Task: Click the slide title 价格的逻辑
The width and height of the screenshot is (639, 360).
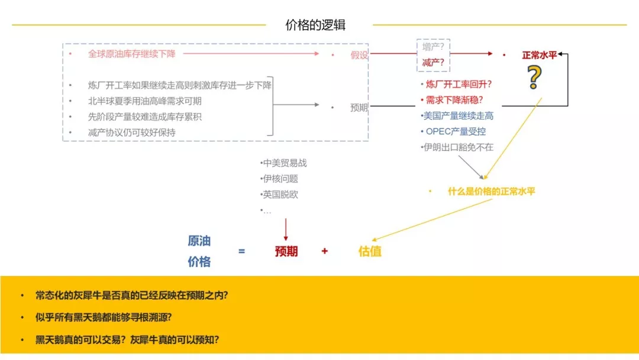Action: [x=315, y=25]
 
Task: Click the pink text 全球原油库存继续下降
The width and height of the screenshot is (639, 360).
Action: [x=131, y=54]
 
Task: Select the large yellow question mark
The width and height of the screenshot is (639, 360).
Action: [x=534, y=78]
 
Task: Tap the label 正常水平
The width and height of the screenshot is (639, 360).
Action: [x=539, y=55]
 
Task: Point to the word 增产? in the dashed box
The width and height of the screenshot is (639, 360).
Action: [x=433, y=47]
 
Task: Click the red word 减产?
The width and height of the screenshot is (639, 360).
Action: [x=433, y=62]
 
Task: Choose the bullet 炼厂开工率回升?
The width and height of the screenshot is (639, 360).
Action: [x=458, y=85]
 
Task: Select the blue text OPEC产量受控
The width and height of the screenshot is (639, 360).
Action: [x=456, y=131]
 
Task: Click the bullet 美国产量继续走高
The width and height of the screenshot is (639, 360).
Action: [x=458, y=116]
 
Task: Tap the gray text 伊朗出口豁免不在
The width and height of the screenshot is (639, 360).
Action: [x=458, y=147]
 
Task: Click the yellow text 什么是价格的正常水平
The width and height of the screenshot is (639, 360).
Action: [x=491, y=191]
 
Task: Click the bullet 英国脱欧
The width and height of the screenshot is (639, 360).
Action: [x=280, y=194]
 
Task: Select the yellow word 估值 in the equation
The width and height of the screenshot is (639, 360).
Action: [x=370, y=251]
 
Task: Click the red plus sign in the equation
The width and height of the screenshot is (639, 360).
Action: [x=324, y=251]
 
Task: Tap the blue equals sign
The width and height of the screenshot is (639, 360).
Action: [x=241, y=251]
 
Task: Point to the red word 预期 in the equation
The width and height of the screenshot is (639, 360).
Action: [x=286, y=251]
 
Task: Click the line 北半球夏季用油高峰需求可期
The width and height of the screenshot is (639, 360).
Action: [x=145, y=101]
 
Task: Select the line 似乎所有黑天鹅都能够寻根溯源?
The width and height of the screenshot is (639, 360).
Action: [x=104, y=317]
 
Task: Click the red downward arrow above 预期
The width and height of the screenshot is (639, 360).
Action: [x=286, y=230]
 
